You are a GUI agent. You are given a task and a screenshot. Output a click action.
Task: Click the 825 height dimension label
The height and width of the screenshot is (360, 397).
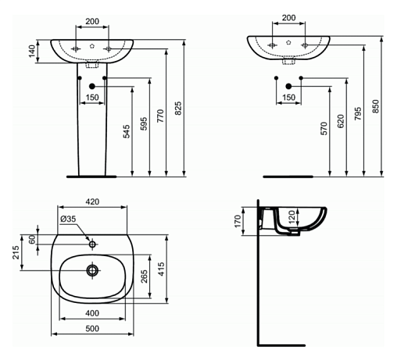tap(178, 109)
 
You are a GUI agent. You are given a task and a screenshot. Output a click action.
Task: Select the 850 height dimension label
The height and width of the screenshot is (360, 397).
tap(375, 106)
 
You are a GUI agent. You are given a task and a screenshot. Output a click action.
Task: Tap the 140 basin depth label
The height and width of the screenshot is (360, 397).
tap(32, 51)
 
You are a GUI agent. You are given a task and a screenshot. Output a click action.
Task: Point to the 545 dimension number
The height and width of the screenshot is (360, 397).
tap(126, 131)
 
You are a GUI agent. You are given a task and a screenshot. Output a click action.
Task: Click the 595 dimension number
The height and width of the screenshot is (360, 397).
tap(144, 123)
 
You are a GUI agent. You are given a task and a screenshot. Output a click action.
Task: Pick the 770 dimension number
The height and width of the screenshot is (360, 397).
tap(160, 116)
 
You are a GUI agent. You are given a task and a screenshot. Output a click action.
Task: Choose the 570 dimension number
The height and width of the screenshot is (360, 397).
tap(324, 129)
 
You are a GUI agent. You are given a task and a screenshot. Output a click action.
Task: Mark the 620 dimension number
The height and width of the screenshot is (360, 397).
tap(341, 121)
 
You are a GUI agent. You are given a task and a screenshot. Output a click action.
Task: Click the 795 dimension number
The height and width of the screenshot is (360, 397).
tap(358, 113)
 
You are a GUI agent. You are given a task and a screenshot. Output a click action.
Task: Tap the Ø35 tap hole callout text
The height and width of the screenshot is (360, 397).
tap(68, 219)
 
